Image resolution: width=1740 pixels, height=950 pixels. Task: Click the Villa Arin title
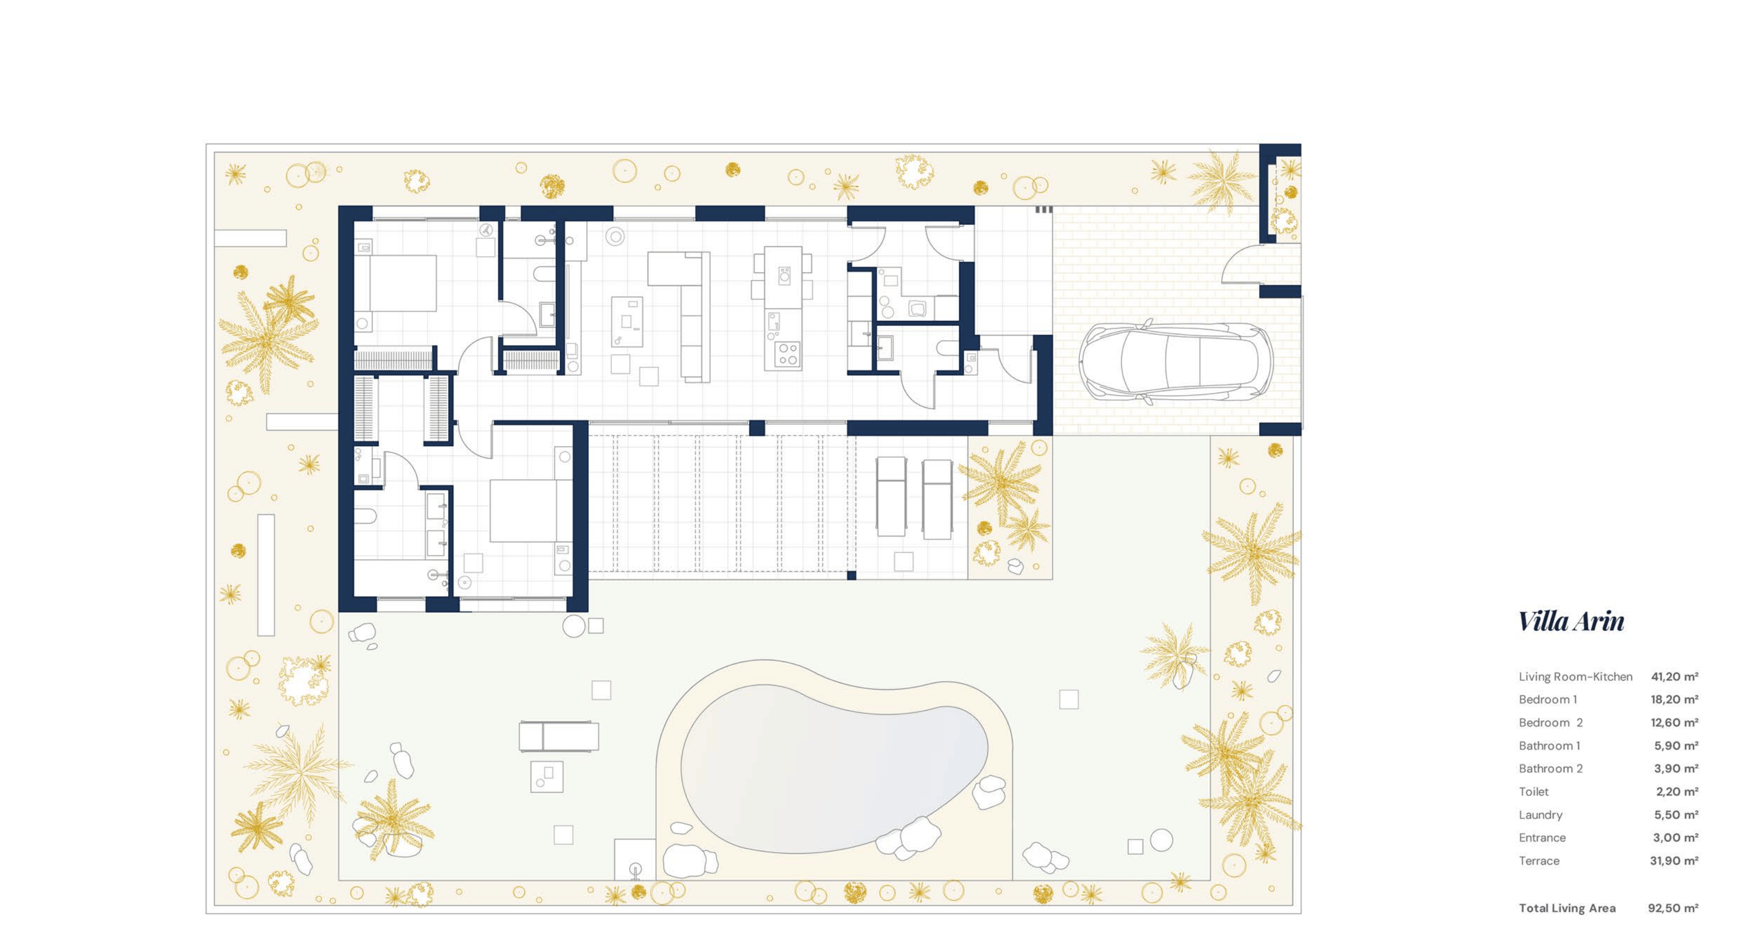coord(1571,621)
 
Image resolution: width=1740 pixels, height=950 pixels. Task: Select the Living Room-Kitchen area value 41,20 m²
coord(1674,676)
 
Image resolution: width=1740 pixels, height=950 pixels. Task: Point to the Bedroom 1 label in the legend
coord(1547,700)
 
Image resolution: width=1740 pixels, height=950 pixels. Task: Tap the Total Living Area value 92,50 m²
coord(1673,908)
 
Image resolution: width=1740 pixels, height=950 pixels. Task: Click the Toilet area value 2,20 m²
coord(1676,791)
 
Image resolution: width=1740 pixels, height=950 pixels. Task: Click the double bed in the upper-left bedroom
coord(395,283)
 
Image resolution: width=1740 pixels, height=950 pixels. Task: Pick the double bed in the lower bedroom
coord(530,510)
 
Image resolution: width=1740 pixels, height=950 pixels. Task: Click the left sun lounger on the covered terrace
coord(890,496)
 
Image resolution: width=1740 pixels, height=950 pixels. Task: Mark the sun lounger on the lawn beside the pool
coord(559,736)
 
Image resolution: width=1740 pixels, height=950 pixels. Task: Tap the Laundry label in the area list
coord(1540,815)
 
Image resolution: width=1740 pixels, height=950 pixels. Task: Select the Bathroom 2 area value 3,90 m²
coord(1676,769)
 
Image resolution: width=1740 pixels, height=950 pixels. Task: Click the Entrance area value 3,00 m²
coord(1676,838)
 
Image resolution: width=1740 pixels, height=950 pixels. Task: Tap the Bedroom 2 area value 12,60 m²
coord(1674,722)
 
